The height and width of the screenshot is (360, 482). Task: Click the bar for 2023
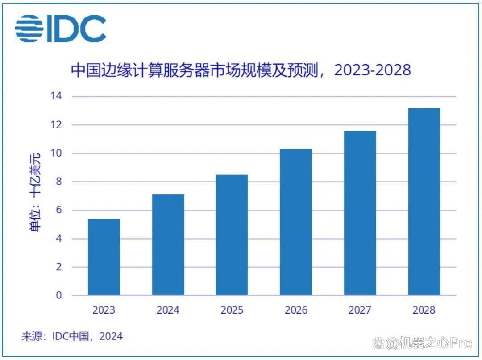click(104, 257)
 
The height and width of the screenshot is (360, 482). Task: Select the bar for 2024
click(168, 245)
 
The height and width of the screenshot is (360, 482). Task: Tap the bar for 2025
click(232, 235)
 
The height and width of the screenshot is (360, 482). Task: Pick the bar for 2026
click(296, 222)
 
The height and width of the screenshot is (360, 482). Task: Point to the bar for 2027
click(360, 213)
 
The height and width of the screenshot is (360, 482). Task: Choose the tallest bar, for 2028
click(424, 202)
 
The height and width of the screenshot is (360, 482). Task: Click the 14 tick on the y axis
click(56, 96)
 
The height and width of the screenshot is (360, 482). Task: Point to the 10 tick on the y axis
click(56, 153)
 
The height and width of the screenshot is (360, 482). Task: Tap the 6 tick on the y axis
click(59, 210)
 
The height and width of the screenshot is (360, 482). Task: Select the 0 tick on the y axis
click(59, 295)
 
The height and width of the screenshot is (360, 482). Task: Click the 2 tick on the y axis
click(59, 267)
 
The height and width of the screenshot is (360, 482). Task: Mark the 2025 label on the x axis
click(232, 310)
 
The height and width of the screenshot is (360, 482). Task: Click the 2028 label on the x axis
click(424, 310)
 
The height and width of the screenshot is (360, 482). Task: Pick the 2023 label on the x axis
click(104, 310)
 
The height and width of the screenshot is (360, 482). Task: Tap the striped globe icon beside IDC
click(29, 29)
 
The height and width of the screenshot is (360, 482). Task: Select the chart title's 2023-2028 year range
click(372, 70)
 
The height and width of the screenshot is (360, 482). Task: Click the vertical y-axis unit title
click(35, 192)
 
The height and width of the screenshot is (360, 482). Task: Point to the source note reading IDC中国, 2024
click(87, 336)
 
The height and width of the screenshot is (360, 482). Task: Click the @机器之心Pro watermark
click(422, 343)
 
